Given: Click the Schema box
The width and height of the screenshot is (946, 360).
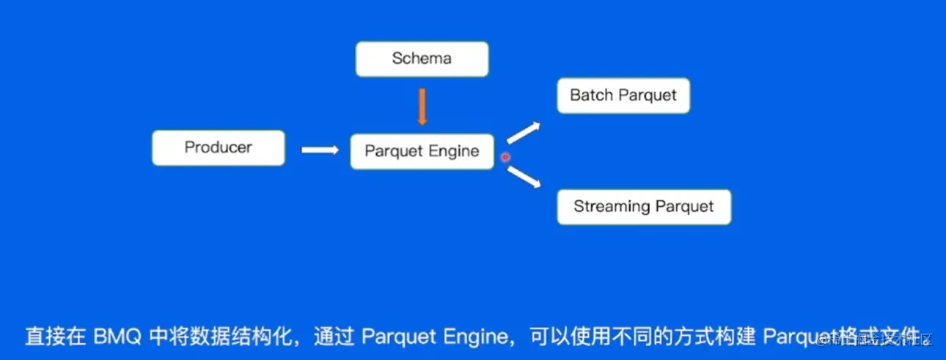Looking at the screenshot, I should coord(422,59).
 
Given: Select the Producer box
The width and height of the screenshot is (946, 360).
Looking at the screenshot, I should coord(218,147).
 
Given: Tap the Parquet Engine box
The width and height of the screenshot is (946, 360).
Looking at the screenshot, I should coord(422,152).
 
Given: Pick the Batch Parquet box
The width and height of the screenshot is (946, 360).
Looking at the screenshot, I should coord(623,95).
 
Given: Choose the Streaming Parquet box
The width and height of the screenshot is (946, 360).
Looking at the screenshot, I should coord(643,207).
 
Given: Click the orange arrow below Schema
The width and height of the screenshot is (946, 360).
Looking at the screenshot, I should coord(422,106).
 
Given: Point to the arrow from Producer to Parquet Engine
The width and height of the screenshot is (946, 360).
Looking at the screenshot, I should coord(319,150).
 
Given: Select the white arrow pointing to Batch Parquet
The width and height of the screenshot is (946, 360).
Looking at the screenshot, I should coord(523,132).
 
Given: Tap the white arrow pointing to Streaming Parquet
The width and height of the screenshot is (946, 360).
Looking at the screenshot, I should coord(523,177).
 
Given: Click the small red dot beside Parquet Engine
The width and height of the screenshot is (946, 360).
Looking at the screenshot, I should coord(505,157).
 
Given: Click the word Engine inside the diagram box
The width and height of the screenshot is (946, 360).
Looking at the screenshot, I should coord(455,152).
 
